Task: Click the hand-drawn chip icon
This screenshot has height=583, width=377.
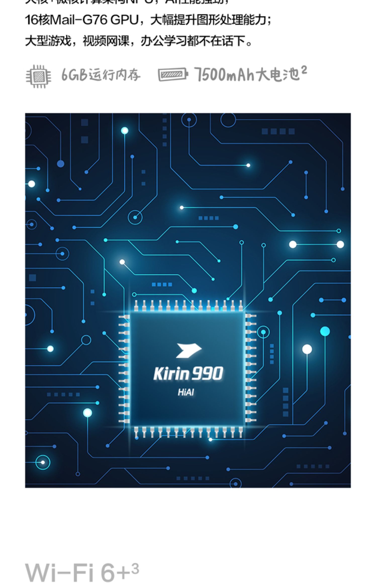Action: tap(38, 76)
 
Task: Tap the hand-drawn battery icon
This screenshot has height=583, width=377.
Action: tap(173, 75)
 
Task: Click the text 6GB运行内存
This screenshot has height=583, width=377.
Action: tap(101, 75)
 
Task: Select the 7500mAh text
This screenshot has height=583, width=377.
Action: tap(226, 75)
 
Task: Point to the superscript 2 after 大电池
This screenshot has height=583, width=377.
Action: tap(304, 70)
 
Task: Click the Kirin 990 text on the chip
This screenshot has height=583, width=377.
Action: tap(188, 374)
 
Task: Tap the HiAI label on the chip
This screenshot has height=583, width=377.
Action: tap(186, 392)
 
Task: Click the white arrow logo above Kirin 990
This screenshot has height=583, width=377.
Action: tap(188, 350)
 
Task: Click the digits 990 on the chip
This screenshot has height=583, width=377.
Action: tap(207, 374)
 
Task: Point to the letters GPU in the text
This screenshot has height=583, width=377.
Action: tap(124, 20)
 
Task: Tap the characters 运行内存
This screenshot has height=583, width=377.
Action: tap(115, 75)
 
